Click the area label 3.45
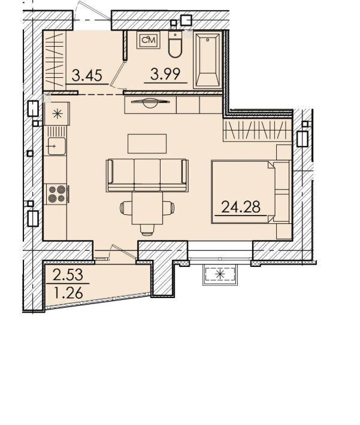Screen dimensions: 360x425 [87, 75]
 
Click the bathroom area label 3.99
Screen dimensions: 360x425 [165, 74]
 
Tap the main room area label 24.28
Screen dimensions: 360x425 [241, 207]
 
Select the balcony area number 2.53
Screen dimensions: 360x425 [68, 274]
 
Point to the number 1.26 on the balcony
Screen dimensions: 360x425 [68, 293]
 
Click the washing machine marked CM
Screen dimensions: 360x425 [149, 40]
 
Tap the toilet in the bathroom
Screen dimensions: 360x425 [175, 44]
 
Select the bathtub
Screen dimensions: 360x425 [208, 60]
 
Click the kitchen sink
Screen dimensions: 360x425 [57, 146]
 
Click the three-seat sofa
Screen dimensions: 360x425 [147, 175]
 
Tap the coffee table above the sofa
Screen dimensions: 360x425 [147, 144]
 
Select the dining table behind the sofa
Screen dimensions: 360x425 [147, 208]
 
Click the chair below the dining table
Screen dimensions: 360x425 [147, 230]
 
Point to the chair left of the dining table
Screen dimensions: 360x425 [126, 208]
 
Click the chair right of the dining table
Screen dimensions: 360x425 [168, 208]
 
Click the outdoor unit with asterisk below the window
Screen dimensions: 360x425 [220, 275]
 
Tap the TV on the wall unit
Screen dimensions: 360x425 [150, 102]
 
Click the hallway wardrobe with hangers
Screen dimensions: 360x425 [55, 60]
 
